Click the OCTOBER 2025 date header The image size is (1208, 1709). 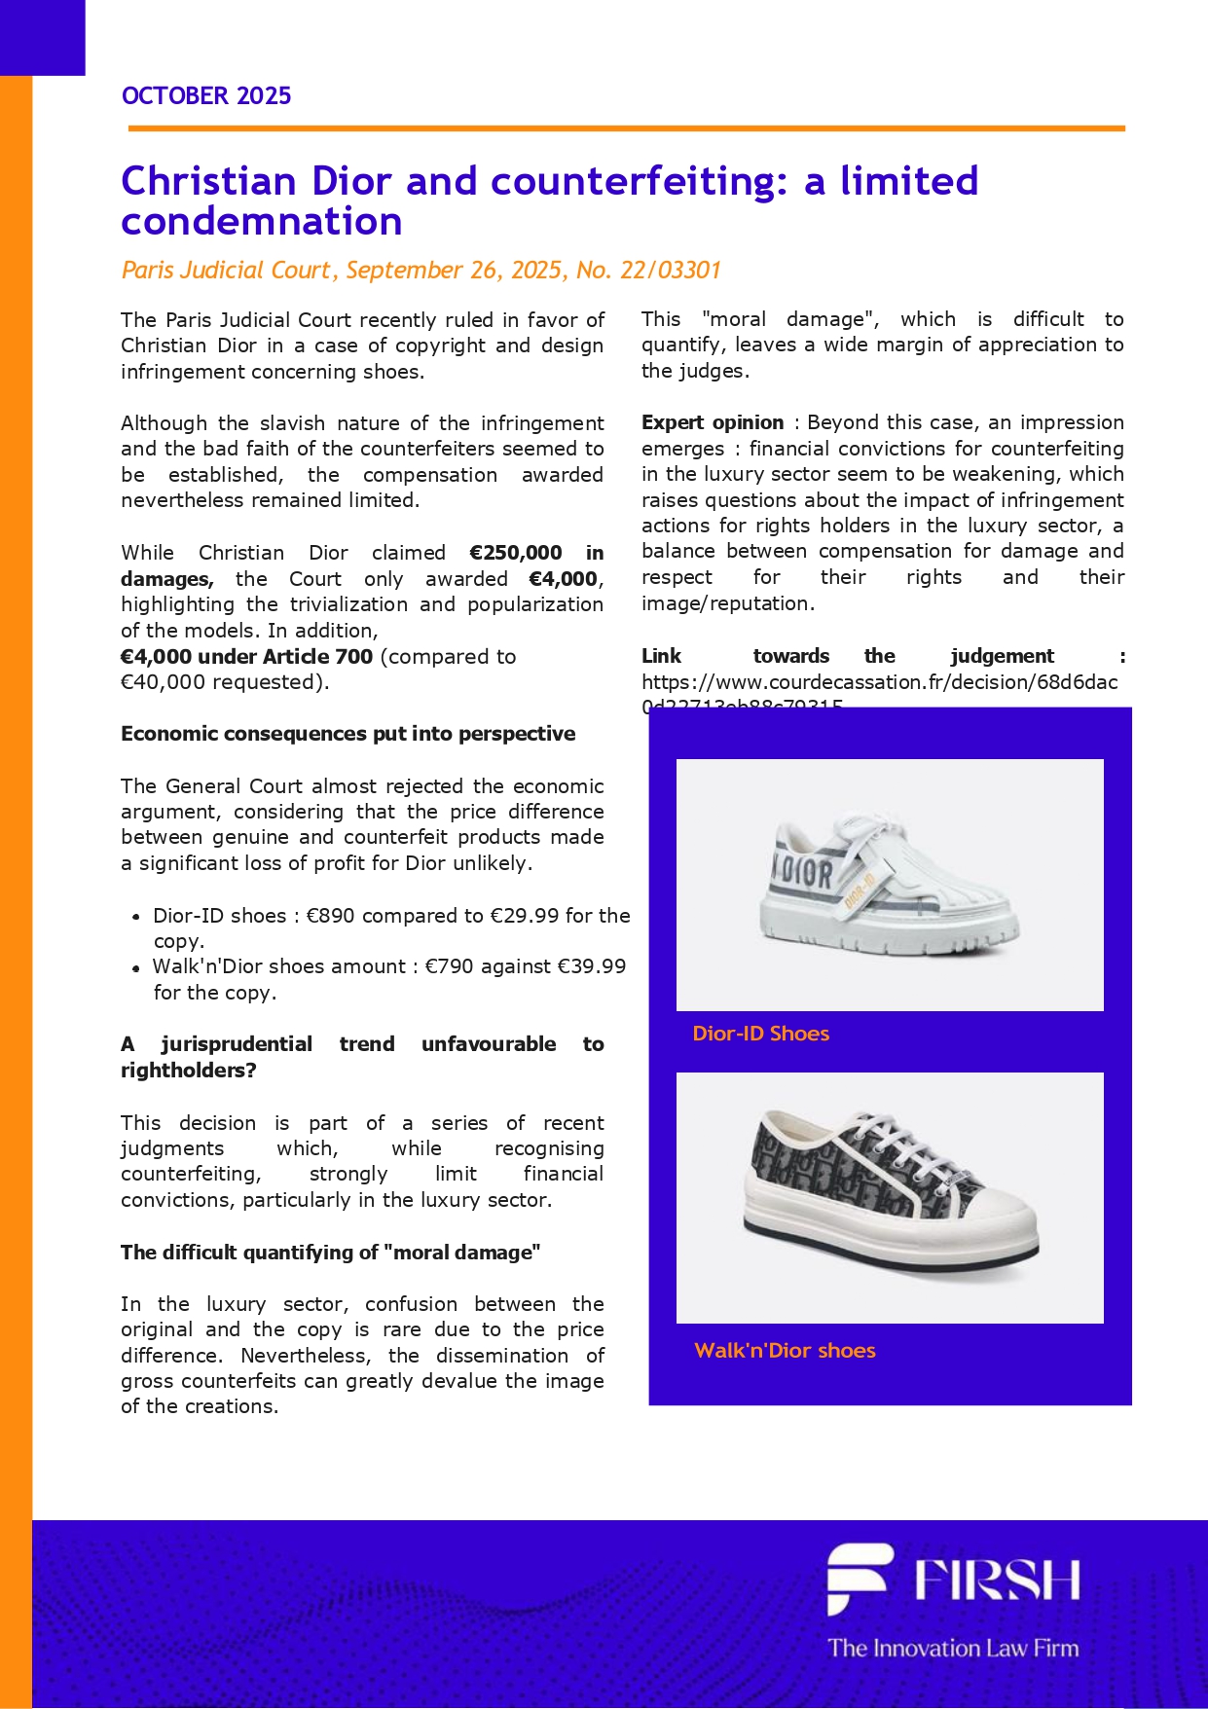pos(206,95)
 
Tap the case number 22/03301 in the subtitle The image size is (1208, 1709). pos(670,270)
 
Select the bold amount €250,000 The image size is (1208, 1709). pos(515,553)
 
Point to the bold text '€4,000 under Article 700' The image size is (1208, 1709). pos(246,657)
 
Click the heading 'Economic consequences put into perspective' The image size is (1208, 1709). pos(348,734)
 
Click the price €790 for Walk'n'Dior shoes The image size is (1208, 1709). pos(450,966)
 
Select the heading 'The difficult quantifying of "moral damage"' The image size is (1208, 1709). pos(330,1253)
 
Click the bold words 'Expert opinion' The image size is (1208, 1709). pos(713,422)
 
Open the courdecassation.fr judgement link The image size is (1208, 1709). pos(879,682)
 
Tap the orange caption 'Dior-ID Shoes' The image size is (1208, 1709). pos(760,1034)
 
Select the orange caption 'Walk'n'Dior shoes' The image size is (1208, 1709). pos(785,1351)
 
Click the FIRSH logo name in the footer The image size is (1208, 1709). pos(997,1579)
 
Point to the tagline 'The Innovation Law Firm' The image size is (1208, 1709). pos(953,1648)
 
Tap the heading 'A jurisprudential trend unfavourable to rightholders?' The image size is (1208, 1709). pos(362,1057)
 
